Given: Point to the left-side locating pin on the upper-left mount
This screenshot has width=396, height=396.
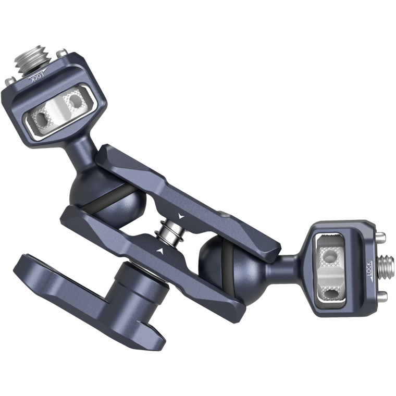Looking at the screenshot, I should [9, 81].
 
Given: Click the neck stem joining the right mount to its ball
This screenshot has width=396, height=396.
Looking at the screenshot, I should [292, 259].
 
